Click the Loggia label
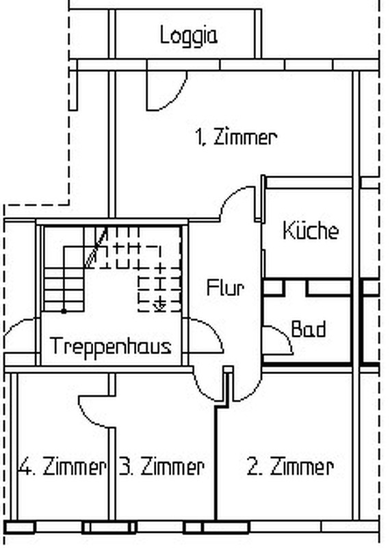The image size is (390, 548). tap(189, 36)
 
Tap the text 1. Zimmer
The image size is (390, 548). tap(236, 137)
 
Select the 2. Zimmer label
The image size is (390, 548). tap(290, 466)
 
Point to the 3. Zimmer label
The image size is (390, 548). tap(161, 466)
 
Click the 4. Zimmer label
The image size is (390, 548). tap(62, 466)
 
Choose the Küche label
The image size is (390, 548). tap(311, 230)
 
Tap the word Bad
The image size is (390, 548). tap(309, 329)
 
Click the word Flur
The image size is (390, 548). tap(225, 288)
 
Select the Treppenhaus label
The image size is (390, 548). tap(111, 346)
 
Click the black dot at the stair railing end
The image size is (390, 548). tap(64, 311)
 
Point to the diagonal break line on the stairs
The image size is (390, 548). tap(97, 247)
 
